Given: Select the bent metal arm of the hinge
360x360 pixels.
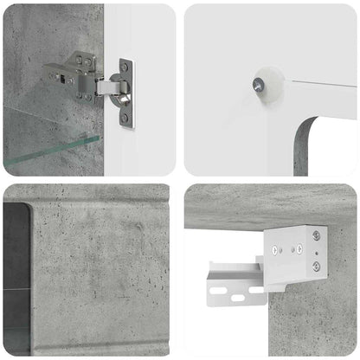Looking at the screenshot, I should click(107, 87).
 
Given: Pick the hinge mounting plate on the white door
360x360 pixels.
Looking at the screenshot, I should click(126, 93).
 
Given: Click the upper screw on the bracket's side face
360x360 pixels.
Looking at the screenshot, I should click(317, 235).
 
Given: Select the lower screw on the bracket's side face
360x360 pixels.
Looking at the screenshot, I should click(316, 267).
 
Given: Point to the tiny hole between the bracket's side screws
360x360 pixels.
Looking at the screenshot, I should click(317, 252).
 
